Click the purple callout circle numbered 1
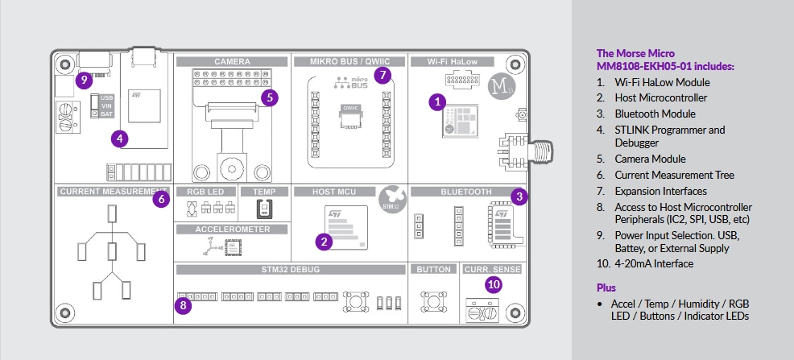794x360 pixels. pyautogui.click(x=437, y=102)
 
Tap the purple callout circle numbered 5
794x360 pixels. pyautogui.click(x=270, y=97)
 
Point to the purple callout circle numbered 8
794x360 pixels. pyautogui.click(x=184, y=305)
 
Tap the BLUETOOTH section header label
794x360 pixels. pyautogui.click(x=465, y=192)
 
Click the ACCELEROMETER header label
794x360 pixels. pyautogui.click(x=232, y=229)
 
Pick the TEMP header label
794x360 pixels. pyautogui.click(x=264, y=192)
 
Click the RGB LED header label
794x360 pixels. pyautogui.click(x=206, y=192)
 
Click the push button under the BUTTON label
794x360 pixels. pyautogui.click(x=433, y=302)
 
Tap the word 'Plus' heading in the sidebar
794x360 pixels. pyautogui.click(x=606, y=288)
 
